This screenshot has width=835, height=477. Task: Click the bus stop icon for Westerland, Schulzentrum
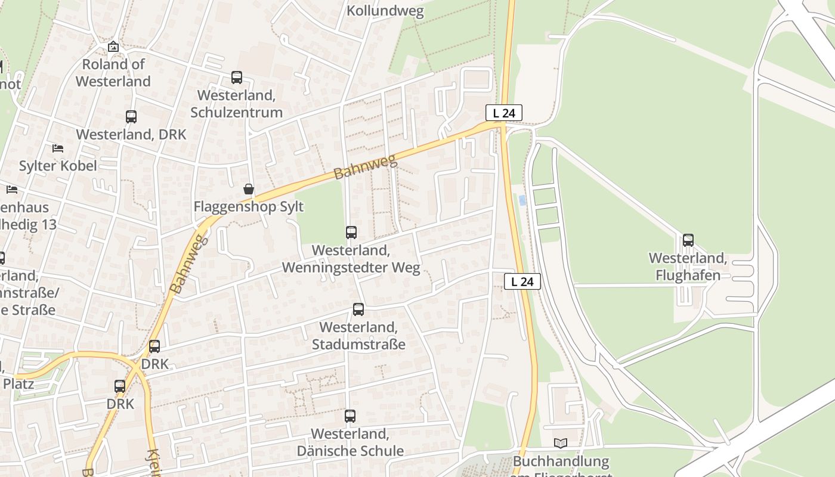coord(237,78)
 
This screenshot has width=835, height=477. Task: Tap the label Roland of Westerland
coord(113,73)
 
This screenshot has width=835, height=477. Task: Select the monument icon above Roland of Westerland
coord(113,47)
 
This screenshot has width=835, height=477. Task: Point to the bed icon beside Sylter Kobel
coord(58,148)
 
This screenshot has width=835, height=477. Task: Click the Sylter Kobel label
coord(58,166)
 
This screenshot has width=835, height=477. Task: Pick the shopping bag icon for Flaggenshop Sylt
coord(249,190)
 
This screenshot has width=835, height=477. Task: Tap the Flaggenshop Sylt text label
coord(249,207)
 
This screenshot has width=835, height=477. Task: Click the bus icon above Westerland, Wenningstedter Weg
coord(351,233)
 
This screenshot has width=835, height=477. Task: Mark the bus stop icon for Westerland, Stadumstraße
coord(358,309)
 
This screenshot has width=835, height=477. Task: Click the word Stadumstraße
coord(358,345)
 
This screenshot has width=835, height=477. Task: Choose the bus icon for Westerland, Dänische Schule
coord(350,416)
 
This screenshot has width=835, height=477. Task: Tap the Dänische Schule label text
coord(350,451)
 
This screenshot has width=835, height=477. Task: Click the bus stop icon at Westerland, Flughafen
coord(688,240)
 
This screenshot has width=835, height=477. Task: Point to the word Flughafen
coord(688,275)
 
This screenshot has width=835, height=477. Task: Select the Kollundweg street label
coord(385,11)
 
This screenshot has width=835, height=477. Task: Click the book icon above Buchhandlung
coord(561,443)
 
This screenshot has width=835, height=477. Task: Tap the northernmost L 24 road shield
coord(504,113)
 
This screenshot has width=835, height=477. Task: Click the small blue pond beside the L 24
coord(522,200)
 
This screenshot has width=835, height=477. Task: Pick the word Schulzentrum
coord(237,112)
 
